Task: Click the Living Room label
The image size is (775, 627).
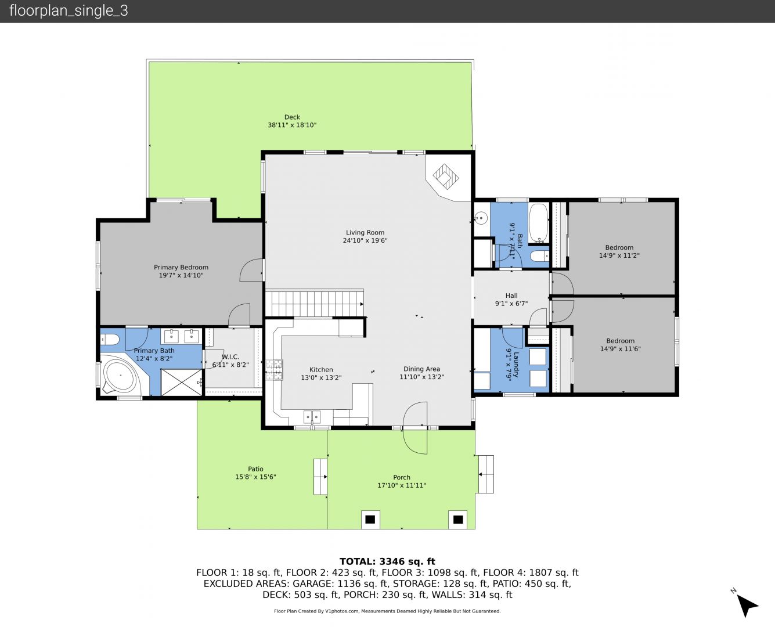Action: tap(365, 232)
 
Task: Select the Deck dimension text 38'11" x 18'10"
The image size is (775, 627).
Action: tap(292, 125)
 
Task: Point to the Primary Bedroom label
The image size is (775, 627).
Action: tap(181, 267)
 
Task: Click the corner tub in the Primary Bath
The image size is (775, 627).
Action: tap(120, 376)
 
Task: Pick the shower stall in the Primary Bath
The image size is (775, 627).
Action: tap(181, 382)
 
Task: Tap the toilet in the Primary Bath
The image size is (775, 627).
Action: tap(110, 340)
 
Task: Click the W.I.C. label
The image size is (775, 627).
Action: tap(230, 356)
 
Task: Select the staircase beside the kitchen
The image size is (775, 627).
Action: tap(315, 304)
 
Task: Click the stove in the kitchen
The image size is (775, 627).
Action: tap(274, 369)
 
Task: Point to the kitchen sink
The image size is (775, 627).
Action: tap(312, 417)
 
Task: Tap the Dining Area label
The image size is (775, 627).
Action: tap(421, 369)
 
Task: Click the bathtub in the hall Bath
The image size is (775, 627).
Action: tap(539, 223)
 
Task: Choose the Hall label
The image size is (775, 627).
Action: tap(511, 296)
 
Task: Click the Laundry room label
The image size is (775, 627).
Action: tap(517, 365)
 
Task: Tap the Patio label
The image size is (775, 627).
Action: tap(255, 469)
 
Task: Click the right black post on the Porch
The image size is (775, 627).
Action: tap(457, 520)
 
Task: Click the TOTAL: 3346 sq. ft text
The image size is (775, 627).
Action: tap(387, 561)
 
